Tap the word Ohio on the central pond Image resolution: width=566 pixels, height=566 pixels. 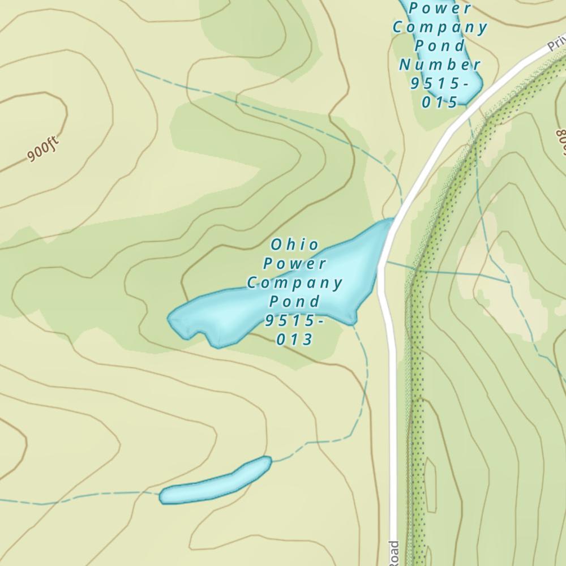pos(294,245)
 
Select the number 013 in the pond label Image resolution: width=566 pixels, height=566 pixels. pos(294,340)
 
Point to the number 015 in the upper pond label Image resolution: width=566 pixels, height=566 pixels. pos(439,102)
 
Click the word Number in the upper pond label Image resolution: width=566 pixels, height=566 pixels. pos(440,65)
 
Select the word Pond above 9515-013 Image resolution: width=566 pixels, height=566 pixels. pos(294,301)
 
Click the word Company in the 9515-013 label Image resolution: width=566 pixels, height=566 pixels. pos(294,282)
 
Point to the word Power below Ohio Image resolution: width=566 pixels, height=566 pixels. pos(294,263)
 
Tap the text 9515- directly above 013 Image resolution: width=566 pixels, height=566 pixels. pos(294,320)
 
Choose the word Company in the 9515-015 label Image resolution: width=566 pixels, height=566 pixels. pos(440,27)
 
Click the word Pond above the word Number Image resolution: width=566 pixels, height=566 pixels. pos(440,45)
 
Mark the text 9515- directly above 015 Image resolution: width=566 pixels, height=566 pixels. pos(440,83)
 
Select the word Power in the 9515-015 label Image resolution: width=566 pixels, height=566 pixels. pos(440,8)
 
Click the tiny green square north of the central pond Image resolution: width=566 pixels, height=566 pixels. pos(390,156)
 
